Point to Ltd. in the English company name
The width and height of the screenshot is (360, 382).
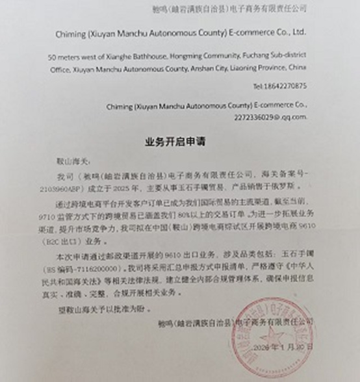coord(296,30)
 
